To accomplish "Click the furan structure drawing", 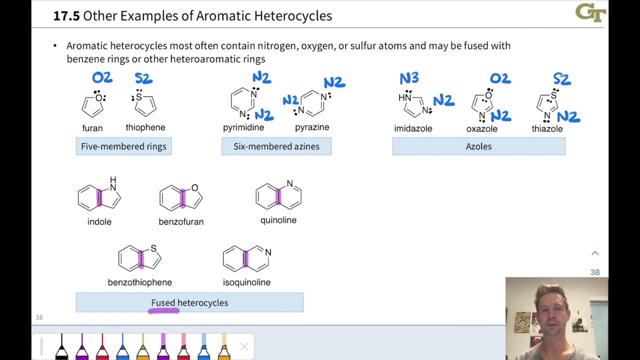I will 93,104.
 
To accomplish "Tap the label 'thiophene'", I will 145,127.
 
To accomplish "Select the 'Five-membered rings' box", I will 123,146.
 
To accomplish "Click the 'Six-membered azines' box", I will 276,146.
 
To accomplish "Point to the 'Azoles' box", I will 478,146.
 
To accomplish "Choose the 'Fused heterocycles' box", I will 189,303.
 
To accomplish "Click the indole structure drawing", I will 99,196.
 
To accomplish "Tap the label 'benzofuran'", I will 181,221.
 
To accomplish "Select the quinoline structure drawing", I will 278,195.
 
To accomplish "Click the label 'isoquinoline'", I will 246,282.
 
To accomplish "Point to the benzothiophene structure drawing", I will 140,258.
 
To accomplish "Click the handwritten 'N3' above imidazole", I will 409,78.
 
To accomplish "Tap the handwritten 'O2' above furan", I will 102,78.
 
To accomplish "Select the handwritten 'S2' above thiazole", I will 561,79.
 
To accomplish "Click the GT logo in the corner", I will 590,13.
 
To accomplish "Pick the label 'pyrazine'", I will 312,127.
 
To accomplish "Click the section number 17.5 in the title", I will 66,16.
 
